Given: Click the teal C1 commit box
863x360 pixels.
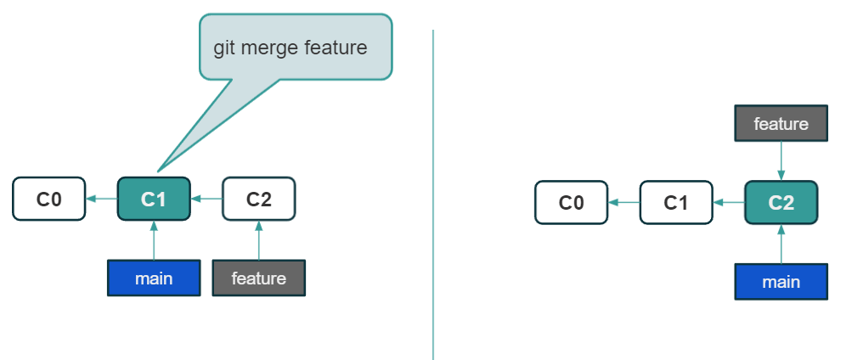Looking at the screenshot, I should (x=154, y=199).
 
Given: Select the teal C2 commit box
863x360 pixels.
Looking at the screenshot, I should (x=781, y=203).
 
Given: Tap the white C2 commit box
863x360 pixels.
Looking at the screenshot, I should (x=258, y=199).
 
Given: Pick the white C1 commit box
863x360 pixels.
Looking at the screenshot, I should (x=675, y=203).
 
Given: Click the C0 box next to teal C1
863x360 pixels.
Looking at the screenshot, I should (x=49, y=199).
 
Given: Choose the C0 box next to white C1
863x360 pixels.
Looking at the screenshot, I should (x=571, y=203).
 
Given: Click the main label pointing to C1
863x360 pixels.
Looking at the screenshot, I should (x=154, y=278).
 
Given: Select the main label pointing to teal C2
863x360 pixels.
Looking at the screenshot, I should (x=781, y=282).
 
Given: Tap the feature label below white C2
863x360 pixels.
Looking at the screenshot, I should (x=258, y=278).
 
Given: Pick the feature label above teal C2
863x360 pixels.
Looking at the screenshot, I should (x=781, y=124).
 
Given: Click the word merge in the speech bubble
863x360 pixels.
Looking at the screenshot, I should (x=268, y=48).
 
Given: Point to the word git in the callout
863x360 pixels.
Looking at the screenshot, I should (x=223, y=48).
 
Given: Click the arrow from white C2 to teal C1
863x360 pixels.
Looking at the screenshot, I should (x=206, y=199).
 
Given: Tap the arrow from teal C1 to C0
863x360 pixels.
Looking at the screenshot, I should (x=102, y=199).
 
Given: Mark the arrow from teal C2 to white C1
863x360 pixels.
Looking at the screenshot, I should (x=728, y=203).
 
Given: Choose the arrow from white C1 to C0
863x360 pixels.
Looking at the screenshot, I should (x=623, y=203).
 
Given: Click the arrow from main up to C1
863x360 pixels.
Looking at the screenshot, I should (x=154, y=241).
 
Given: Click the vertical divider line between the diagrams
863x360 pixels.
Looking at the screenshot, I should (x=433, y=195).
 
